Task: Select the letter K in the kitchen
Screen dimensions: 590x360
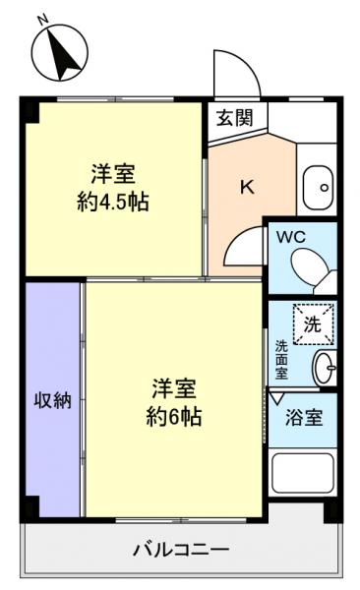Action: click(x=247, y=187)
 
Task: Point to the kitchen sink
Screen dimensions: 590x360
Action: click(x=317, y=184)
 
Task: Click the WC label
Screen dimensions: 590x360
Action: click(x=290, y=237)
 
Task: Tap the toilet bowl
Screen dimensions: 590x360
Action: click(x=313, y=265)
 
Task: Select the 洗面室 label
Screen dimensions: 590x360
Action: click(x=281, y=359)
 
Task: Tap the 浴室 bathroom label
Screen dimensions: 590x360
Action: click(x=303, y=418)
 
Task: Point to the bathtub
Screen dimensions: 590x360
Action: click(x=303, y=483)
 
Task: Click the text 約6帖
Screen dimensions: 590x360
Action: click(x=175, y=416)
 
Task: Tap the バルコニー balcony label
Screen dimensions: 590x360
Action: click(x=181, y=550)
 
